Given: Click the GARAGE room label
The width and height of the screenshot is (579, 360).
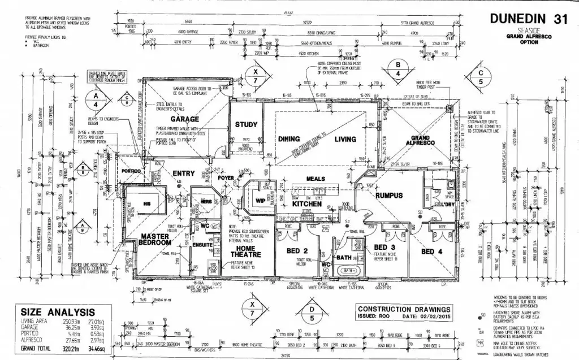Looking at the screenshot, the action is pos(184,119).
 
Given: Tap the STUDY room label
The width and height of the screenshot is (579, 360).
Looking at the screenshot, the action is pos(247,124).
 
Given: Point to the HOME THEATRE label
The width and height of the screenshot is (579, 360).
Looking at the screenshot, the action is pos(245,251).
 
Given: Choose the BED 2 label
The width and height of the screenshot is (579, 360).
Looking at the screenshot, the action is pos(297,251).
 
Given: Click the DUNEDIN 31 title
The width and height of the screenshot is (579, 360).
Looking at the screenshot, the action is pos(528,19).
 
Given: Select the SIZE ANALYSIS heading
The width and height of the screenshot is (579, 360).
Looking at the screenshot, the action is pos(57,311).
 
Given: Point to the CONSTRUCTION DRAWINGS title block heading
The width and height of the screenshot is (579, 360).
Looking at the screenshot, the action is pos(404,309).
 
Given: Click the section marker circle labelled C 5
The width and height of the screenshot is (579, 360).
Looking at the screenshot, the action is pos(481,77).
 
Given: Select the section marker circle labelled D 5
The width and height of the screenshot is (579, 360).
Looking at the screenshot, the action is pos(312,313).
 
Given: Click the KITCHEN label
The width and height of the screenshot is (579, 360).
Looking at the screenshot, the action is pos(308,204).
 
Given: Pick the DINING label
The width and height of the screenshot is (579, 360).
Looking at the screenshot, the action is pos(288,139).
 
